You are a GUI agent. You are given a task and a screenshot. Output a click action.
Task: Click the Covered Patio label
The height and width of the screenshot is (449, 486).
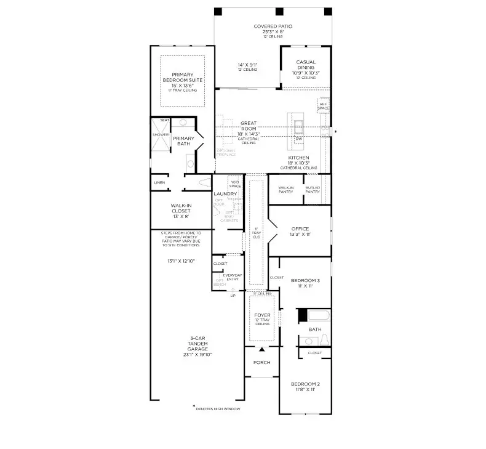(273, 26)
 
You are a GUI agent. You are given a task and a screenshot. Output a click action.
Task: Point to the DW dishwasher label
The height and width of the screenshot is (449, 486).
(299, 139)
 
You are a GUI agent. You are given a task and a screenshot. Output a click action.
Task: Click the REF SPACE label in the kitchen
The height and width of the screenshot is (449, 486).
(324, 105)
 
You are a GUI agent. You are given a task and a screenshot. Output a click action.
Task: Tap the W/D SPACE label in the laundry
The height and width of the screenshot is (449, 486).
(234, 184)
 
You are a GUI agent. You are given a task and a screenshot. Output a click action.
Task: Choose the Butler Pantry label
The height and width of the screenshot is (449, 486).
(313, 189)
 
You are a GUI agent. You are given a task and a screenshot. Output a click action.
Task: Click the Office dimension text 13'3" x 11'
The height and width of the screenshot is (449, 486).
(300, 235)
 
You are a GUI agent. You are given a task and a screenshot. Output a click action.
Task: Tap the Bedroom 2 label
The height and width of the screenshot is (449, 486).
(305, 384)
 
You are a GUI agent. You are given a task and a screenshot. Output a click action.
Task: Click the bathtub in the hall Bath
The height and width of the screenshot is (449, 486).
(317, 317)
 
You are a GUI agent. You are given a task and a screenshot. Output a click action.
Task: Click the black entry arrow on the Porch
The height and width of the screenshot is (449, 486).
(261, 349)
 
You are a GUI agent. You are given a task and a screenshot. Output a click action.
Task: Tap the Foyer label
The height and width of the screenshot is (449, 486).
(263, 315)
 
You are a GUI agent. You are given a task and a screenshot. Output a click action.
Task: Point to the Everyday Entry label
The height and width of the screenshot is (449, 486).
(233, 277)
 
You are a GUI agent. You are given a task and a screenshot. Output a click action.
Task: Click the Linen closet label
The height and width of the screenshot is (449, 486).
(160, 183)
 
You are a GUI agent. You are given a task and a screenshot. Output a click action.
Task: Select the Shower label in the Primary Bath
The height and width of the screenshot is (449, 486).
(161, 134)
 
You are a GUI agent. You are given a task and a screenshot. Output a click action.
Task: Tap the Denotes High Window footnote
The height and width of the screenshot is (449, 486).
(217, 408)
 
